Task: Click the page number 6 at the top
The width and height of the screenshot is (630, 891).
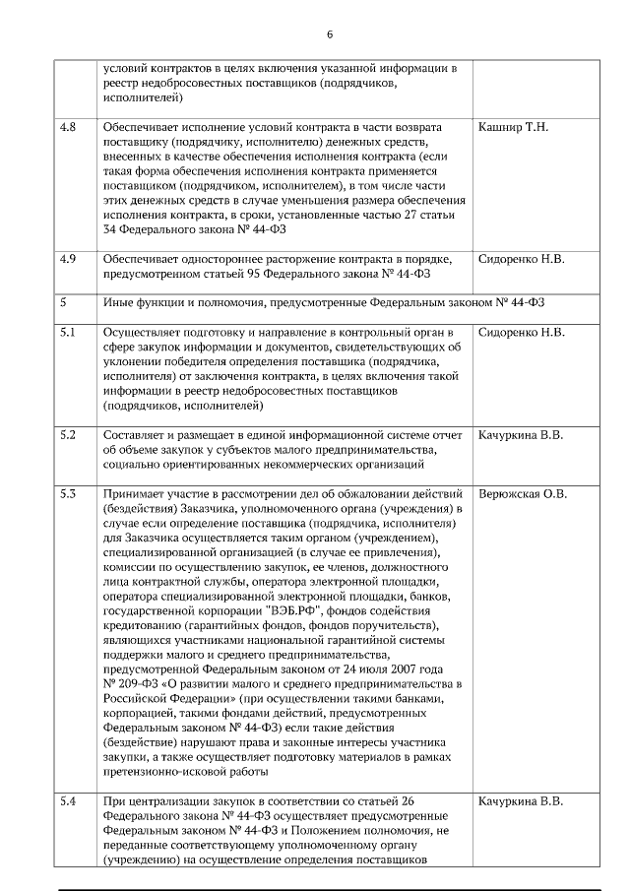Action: (x=329, y=34)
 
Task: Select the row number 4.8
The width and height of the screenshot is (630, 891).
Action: (x=68, y=128)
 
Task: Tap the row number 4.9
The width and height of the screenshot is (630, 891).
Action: (x=68, y=260)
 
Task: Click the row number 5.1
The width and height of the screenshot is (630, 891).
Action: (x=68, y=333)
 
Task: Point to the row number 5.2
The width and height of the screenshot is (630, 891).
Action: (x=68, y=434)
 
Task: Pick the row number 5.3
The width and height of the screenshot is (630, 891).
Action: (x=68, y=493)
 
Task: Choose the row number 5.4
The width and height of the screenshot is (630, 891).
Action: (x=68, y=801)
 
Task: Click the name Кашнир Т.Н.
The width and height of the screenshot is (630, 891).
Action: (x=512, y=128)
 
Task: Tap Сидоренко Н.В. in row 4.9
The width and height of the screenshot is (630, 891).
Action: (x=521, y=260)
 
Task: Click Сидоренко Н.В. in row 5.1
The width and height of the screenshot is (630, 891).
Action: (x=521, y=333)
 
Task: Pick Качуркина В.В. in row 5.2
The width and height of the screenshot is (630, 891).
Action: (x=520, y=434)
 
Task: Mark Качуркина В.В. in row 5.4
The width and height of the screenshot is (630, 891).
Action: (x=520, y=801)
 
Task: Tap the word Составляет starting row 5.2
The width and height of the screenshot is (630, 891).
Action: (x=136, y=434)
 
